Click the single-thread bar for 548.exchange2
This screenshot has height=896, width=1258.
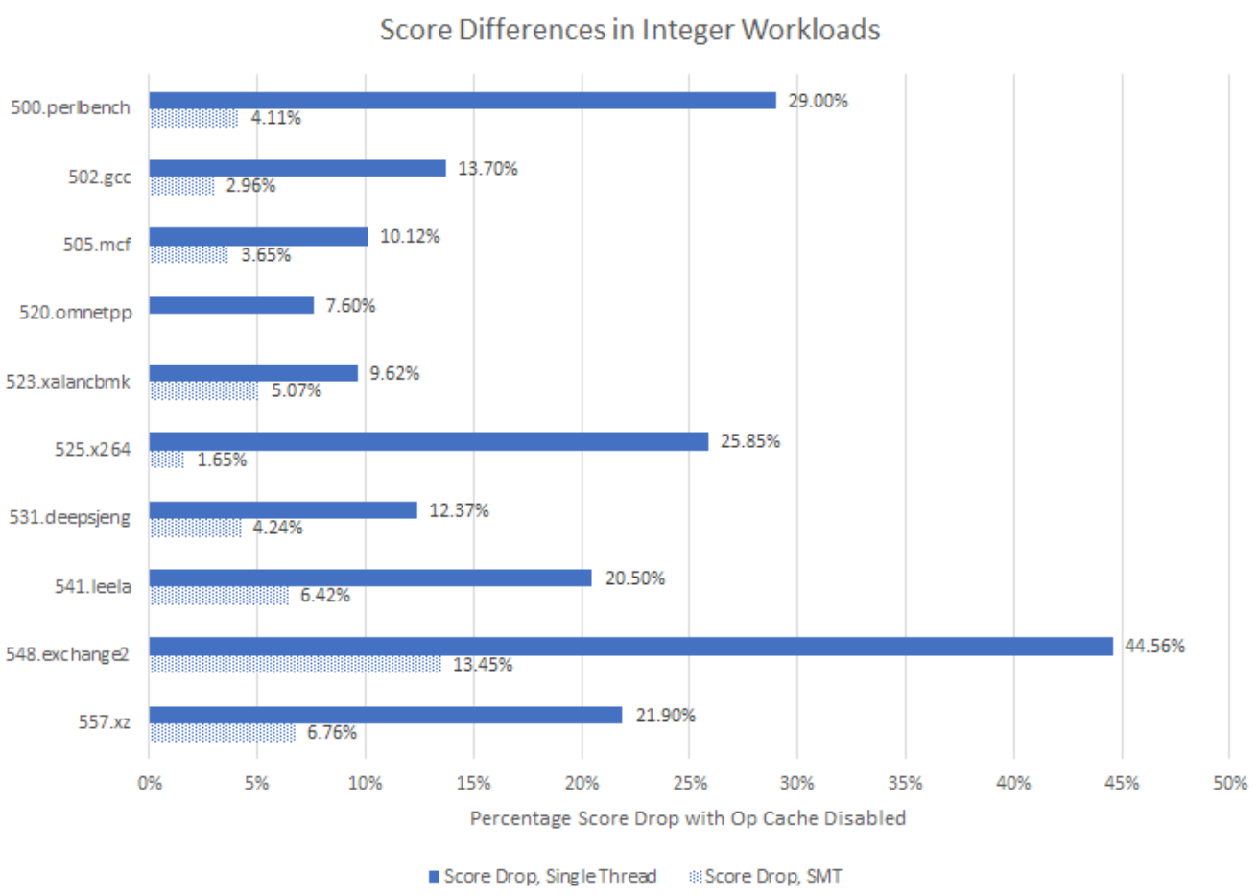click(630, 647)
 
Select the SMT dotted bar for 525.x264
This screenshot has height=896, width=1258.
click(167, 460)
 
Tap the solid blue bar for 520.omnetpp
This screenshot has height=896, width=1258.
click(231, 305)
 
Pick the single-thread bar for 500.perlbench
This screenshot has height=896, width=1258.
click(462, 101)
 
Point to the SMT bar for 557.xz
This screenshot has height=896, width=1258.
click(223, 733)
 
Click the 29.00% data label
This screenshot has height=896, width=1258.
click(818, 101)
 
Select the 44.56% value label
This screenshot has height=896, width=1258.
click(1154, 647)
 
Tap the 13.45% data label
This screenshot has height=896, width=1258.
click(482, 665)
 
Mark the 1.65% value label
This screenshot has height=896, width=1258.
click(222, 460)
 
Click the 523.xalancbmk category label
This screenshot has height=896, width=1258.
click(68, 382)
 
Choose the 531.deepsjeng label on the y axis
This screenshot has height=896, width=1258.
click(70, 518)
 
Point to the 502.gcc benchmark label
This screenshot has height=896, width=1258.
click(99, 177)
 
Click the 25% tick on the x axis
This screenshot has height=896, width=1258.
click(689, 783)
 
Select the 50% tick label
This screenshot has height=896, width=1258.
click(1229, 783)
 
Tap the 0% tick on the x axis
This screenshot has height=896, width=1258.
click(150, 783)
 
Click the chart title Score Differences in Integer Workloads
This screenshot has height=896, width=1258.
click(629, 30)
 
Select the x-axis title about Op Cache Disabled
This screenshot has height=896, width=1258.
click(687, 818)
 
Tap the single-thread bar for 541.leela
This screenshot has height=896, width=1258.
click(370, 578)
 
